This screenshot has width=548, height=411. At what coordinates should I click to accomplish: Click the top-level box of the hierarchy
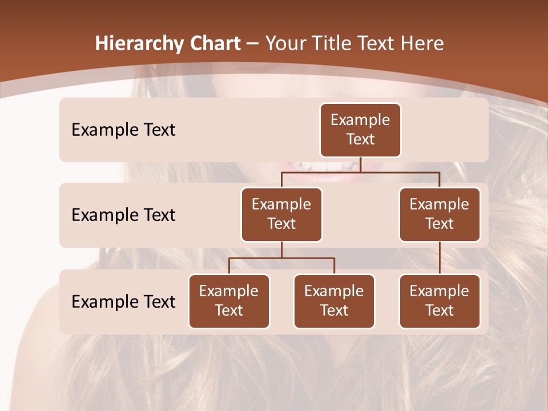(x=360, y=130)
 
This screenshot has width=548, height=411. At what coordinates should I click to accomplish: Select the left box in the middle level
(x=281, y=214)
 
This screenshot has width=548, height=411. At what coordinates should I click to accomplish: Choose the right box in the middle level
(x=440, y=214)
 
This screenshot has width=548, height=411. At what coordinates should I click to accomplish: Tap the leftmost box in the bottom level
(x=229, y=301)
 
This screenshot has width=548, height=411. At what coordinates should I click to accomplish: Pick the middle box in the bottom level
(x=334, y=301)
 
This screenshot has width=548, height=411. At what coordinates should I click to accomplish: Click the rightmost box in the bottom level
(x=440, y=301)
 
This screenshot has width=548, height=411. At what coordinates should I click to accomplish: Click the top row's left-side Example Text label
(x=123, y=130)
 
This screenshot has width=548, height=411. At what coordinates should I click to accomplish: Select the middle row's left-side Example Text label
(x=123, y=215)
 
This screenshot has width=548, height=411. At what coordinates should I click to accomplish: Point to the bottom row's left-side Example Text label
(x=123, y=301)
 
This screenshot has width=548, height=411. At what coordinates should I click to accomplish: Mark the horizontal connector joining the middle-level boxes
(x=360, y=172)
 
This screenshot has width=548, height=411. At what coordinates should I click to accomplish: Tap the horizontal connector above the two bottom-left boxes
(x=281, y=258)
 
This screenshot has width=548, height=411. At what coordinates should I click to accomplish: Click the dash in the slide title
(x=253, y=44)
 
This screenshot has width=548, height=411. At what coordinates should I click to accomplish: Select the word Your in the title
(x=286, y=43)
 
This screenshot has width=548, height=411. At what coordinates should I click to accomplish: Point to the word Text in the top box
(x=360, y=139)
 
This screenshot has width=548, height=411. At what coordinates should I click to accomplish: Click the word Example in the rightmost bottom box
(x=440, y=291)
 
